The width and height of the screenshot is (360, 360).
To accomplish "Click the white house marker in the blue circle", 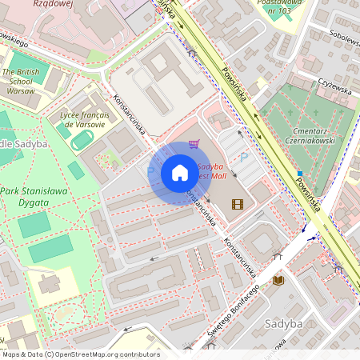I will click(x=180, y=173).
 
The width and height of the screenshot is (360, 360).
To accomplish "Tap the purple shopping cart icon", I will click(x=194, y=144).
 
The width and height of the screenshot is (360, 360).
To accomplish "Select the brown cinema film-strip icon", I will click(x=237, y=204).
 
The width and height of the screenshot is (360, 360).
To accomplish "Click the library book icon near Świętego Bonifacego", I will click(x=278, y=280).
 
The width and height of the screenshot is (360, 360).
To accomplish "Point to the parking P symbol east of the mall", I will click(x=245, y=159).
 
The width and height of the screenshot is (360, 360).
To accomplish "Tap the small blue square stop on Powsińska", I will click(x=300, y=173).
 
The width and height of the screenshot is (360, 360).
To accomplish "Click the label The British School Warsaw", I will click(x=22, y=81).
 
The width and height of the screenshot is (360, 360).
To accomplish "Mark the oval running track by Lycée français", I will click(x=81, y=142).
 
